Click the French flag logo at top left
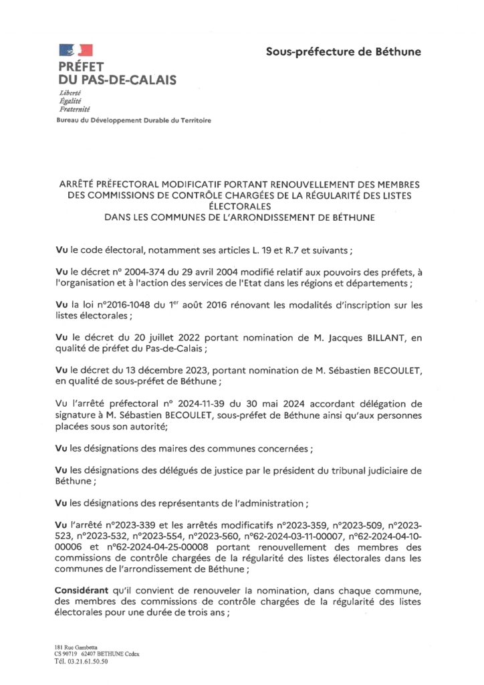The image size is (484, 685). point(75,49)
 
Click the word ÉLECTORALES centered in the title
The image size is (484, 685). point(242,207)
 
